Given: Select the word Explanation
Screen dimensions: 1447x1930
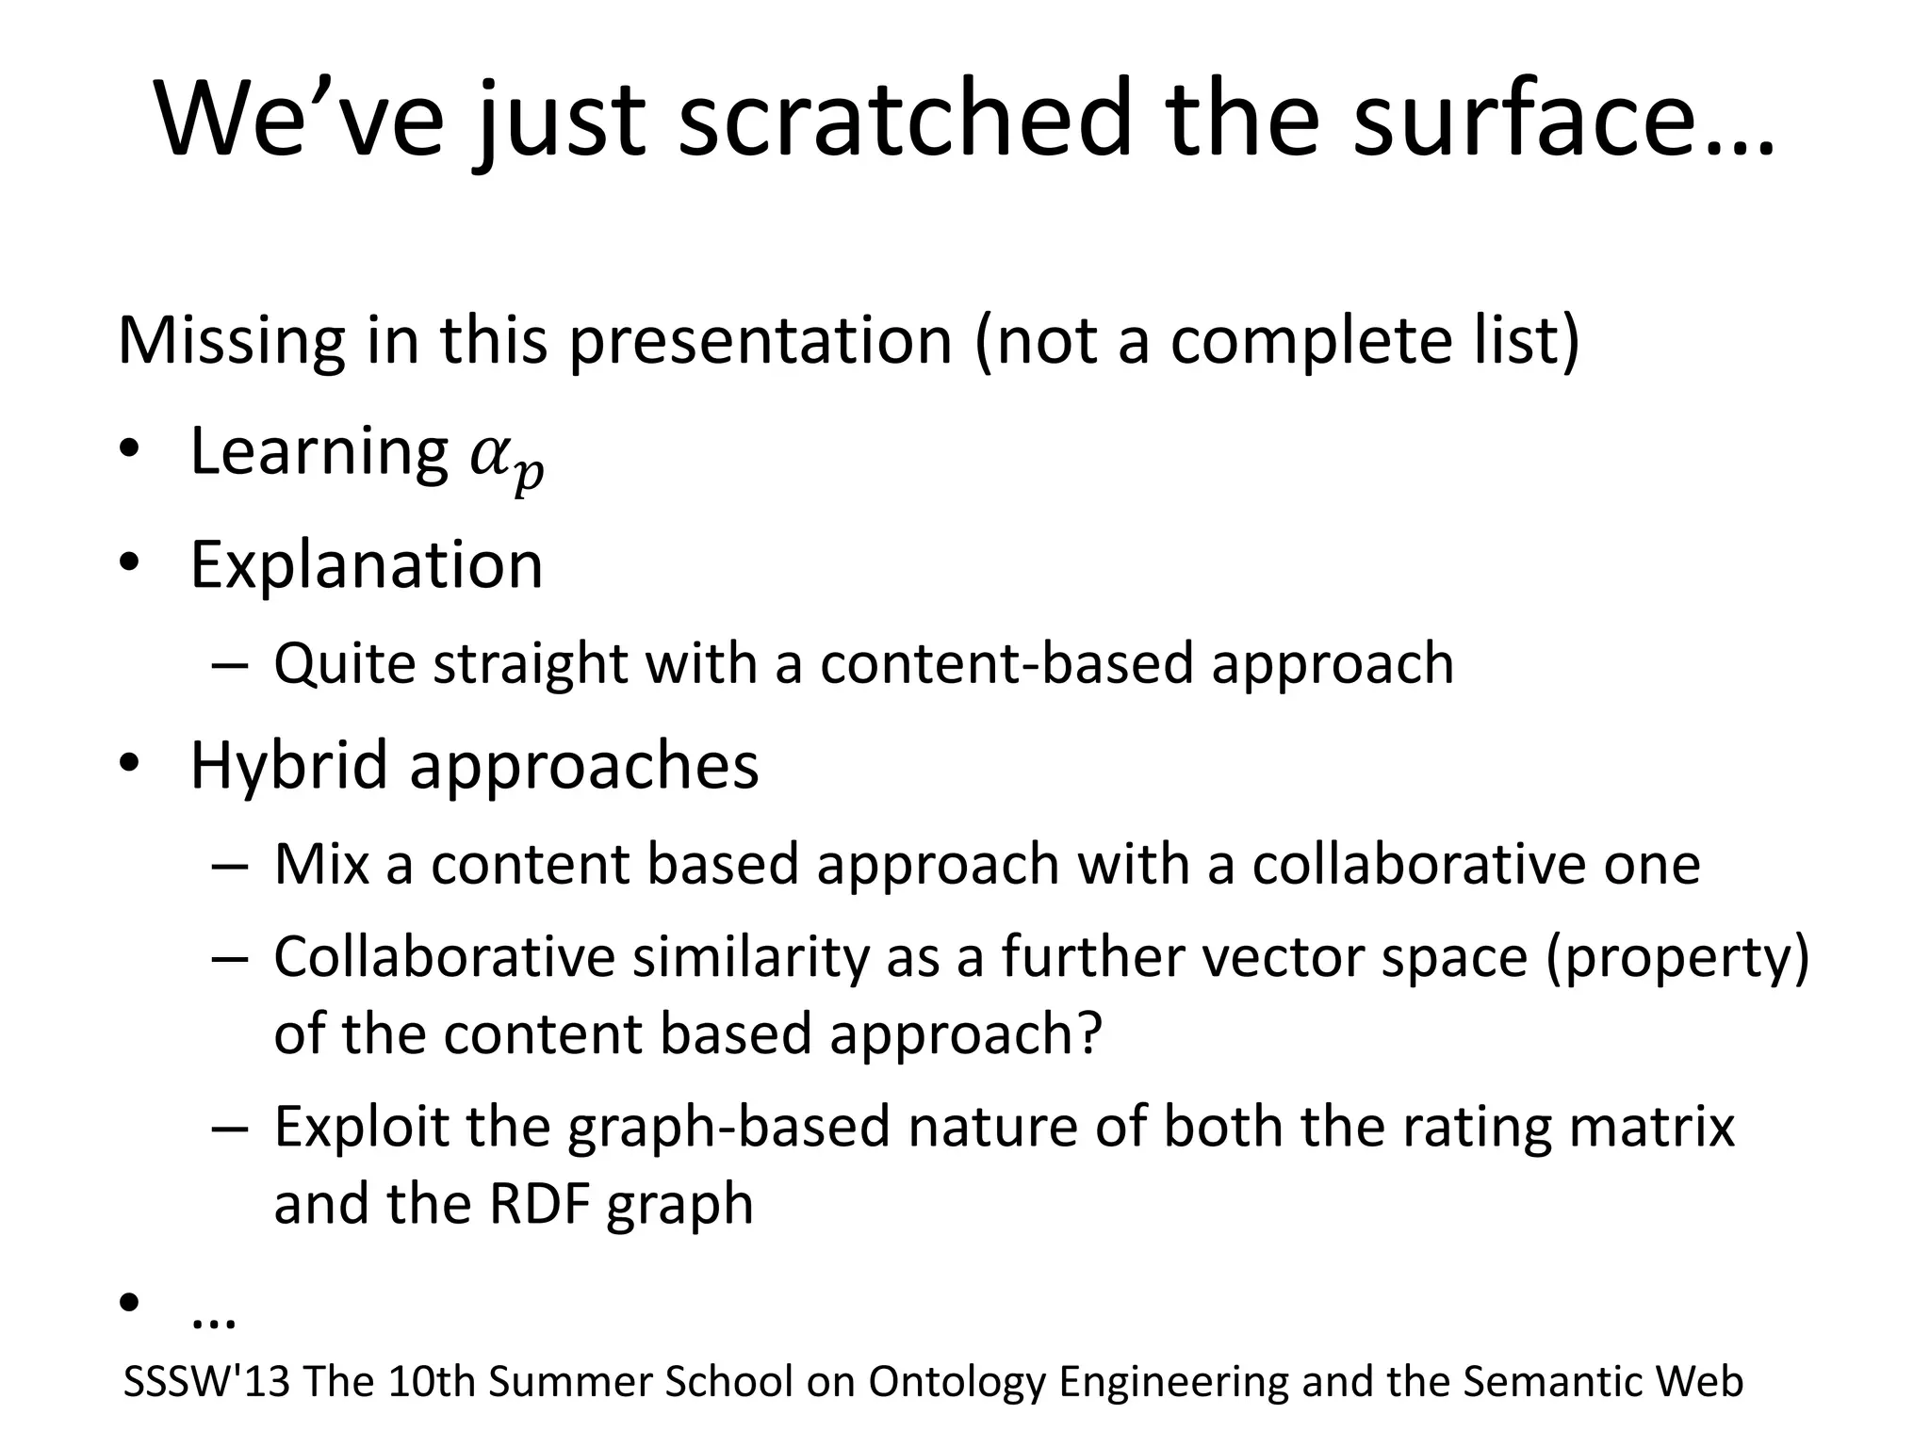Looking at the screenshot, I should [x=367, y=565].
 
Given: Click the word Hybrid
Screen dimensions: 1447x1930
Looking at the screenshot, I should [x=287, y=765].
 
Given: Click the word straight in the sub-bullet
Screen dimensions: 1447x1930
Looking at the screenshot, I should [x=530, y=663].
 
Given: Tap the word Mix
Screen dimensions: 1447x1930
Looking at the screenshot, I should [x=320, y=864].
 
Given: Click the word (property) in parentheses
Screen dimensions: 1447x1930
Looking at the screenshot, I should [x=1677, y=958].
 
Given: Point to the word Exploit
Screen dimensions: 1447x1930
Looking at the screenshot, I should [x=361, y=1127].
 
